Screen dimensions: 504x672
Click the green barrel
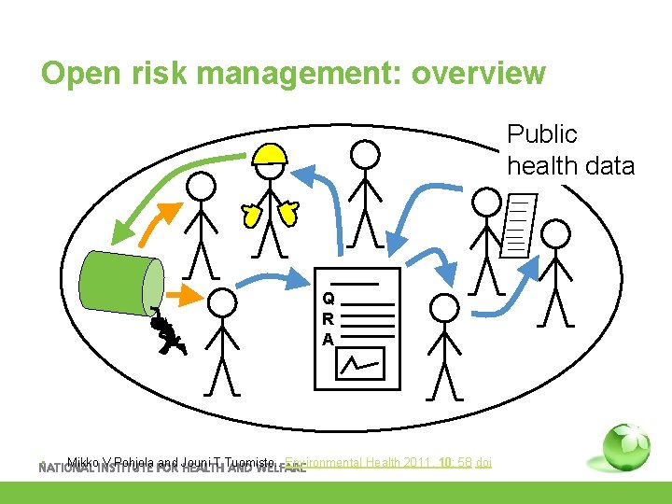click(x=121, y=281)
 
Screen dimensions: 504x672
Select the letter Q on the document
click(x=329, y=299)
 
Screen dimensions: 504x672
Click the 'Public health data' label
click(x=570, y=150)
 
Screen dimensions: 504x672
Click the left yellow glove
click(x=250, y=216)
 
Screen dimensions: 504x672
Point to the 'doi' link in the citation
click(x=483, y=462)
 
